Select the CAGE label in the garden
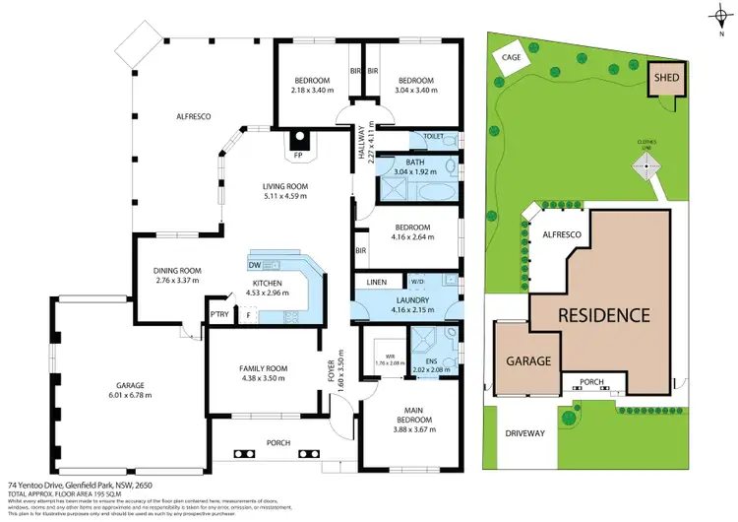[x=510, y=57]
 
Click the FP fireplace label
[x=298, y=154]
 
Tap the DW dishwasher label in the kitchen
[x=255, y=265]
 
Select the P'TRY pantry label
[x=218, y=315]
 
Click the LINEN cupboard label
[x=375, y=282]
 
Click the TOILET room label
[x=434, y=136]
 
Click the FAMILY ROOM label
[x=262, y=369]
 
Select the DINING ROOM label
[x=177, y=271]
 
